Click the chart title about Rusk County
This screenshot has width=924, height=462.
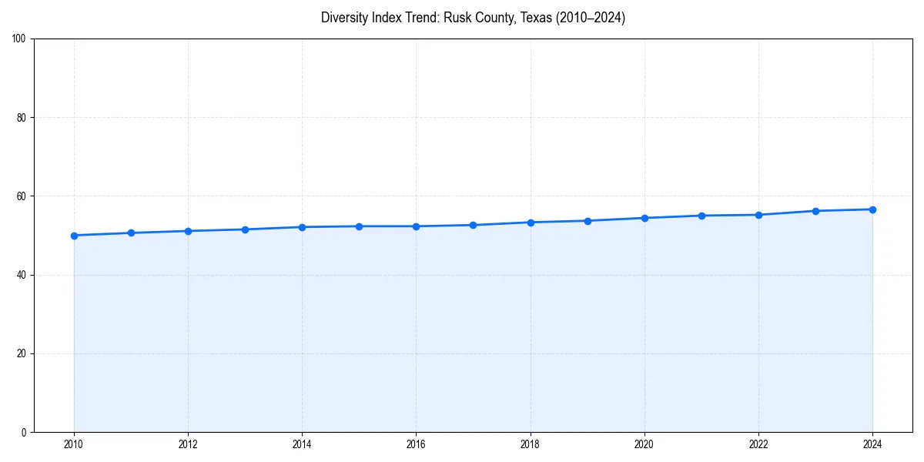point(473,18)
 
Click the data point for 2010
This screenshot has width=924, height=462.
point(74,236)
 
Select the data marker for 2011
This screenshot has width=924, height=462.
point(131,233)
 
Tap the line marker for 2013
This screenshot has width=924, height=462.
point(245,229)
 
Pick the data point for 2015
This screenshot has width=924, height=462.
point(359,226)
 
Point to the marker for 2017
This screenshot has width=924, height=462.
point(473,226)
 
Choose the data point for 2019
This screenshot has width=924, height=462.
point(588,221)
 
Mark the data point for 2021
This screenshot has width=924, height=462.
point(701,216)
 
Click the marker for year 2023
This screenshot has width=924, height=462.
point(815,211)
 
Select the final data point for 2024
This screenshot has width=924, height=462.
point(872,209)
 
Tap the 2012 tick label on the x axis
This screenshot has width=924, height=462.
point(188,444)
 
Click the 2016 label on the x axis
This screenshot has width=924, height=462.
point(416,444)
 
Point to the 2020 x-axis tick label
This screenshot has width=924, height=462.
point(644,444)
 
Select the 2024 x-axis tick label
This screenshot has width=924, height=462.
point(872,444)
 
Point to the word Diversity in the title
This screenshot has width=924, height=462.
point(343,18)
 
